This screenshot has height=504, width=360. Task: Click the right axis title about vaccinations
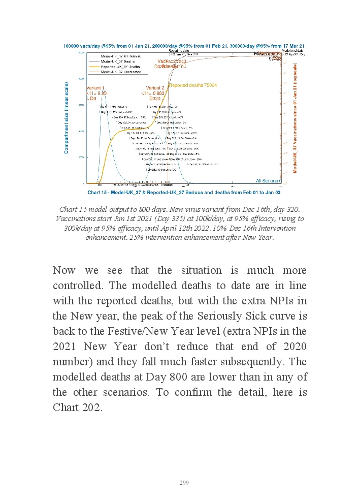(x=295, y=118)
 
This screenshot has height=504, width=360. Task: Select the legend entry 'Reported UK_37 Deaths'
(x=120, y=66)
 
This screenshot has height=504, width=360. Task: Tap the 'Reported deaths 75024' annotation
(x=192, y=85)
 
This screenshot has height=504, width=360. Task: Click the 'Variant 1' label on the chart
(x=95, y=88)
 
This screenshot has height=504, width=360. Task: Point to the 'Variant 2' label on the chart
(x=154, y=88)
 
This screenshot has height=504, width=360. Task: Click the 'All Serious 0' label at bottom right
(x=269, y=180)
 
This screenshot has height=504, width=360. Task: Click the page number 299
(x=184, y=483)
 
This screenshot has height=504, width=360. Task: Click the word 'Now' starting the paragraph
(x=64, y=270)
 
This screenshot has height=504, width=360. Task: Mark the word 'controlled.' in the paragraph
(x=76, y=286)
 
